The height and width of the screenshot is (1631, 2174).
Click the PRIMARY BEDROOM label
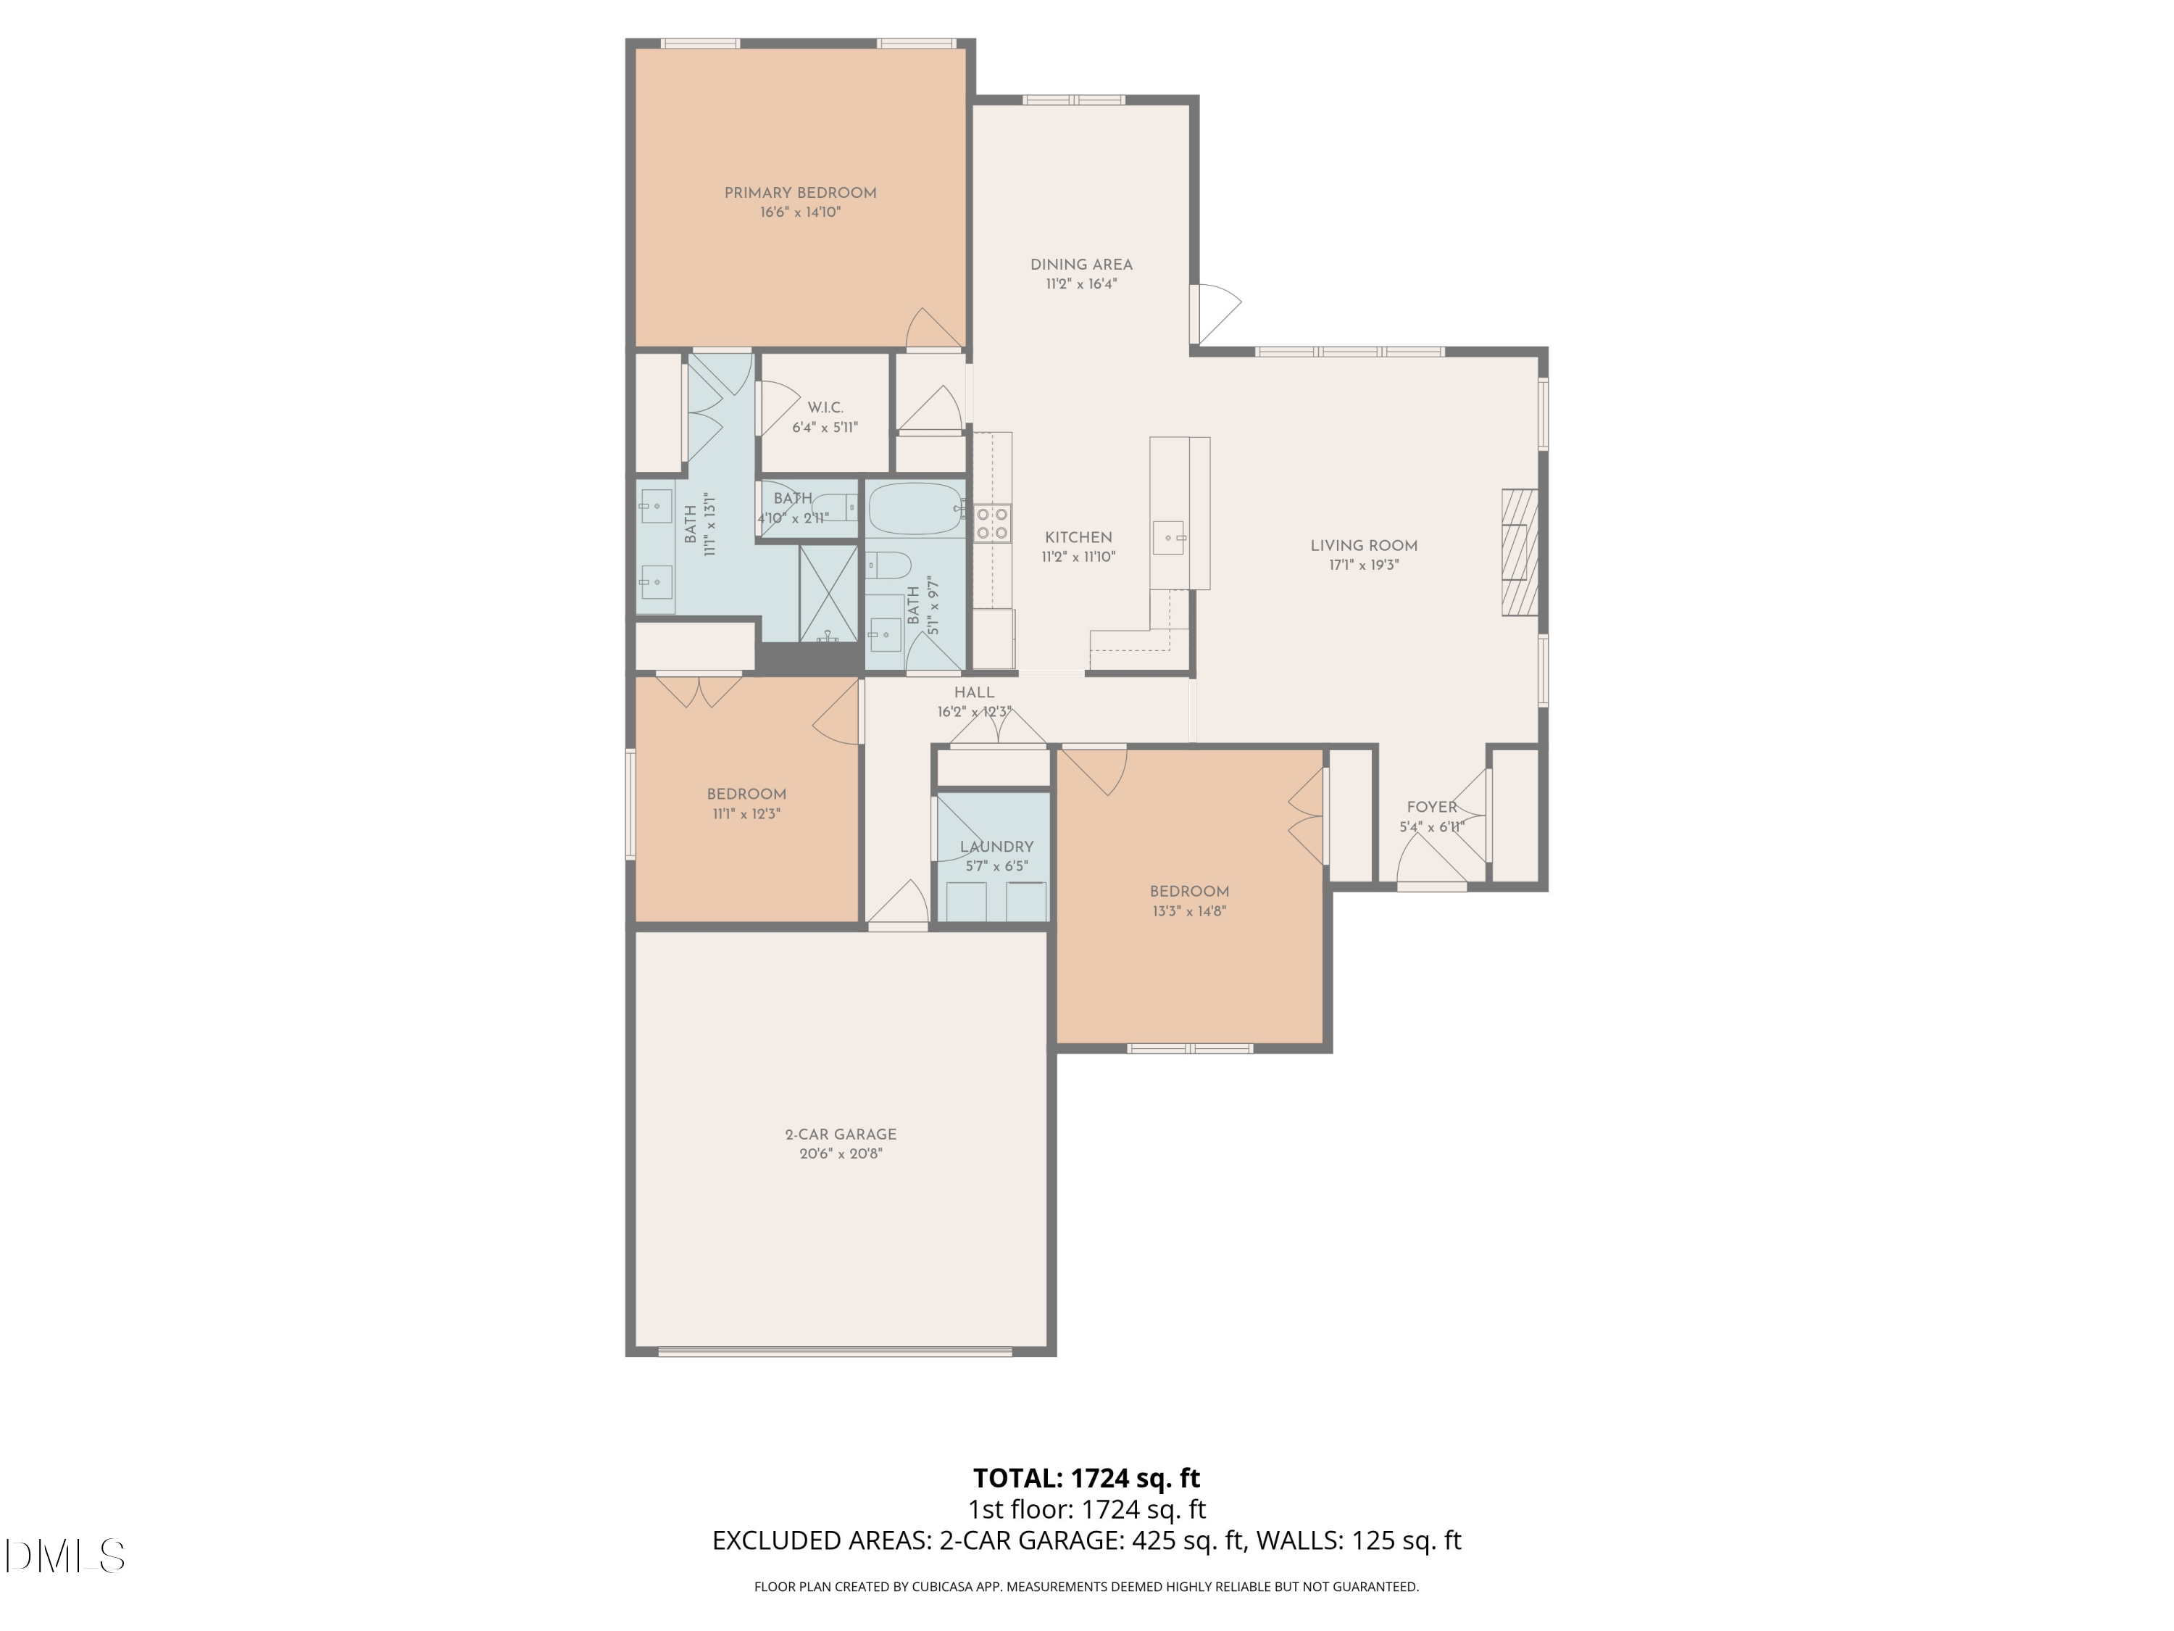[x=800, y=193]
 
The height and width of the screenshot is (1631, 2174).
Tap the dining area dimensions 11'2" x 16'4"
[x=1081, y=284]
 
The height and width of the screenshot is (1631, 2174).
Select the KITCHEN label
[x=1078, y=538]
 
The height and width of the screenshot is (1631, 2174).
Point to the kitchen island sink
[x=1170, y=539]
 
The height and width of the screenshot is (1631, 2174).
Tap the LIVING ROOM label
[x=1363, y=546]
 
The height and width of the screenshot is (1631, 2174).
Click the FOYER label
[x=1431, y=807]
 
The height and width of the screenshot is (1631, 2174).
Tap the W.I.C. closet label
[x=825, y=407]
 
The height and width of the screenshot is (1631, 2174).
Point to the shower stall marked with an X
[x=828, y=593]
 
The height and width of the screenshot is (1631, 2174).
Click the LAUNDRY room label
[x=996, y=847]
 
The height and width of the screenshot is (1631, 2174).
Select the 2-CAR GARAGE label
[x=841, y=1134]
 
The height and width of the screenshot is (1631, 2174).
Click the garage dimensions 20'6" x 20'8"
[x=841, y=1153]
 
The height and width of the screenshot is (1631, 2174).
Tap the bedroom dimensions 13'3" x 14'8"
[x=1189, y=911]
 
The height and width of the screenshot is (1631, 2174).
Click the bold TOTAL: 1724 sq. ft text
[x=1086, y=1477]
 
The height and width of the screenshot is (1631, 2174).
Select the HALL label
[x=974, y=692]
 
